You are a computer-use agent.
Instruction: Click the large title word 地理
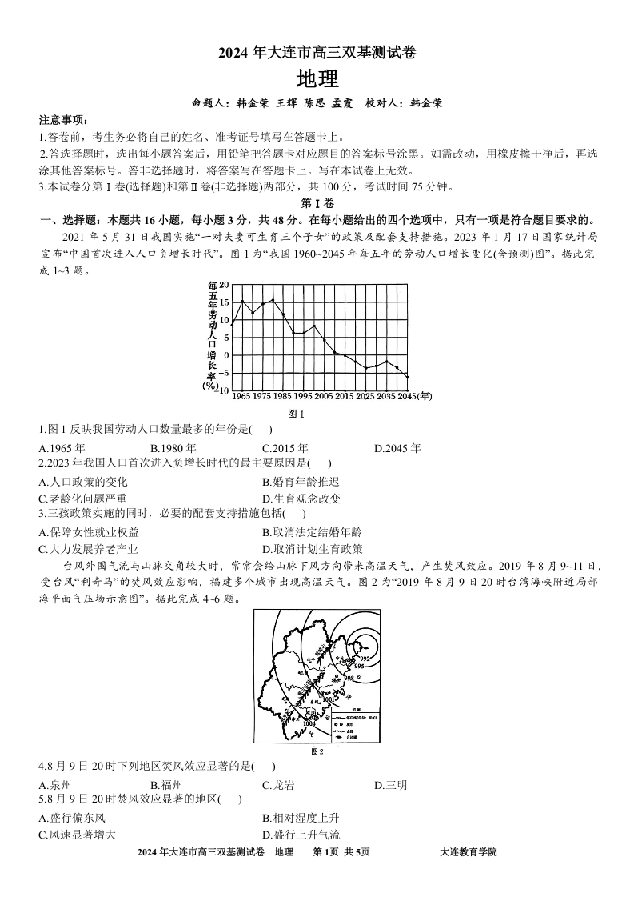pyautogui.click(x=317, y=79)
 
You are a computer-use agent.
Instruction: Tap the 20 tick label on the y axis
pyautogui.click(x=225, y=286)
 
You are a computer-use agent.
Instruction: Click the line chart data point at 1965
pyautogui.click(x=242, y=301)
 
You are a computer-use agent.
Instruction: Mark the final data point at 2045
pyautogui.click(x=407, y=377)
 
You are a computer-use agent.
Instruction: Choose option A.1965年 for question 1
pyautogui.click(x=62, y=448)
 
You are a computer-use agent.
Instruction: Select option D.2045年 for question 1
pyautogui.click(x=397, y=448)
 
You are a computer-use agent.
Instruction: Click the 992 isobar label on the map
pyautogui.click(x=364, y=658)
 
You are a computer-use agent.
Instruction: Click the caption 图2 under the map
pyautogui.click(x=317, y=751)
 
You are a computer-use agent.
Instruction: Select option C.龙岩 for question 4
pyautogui.click(x=278, y=785)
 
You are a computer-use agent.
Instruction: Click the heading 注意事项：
pyautogui.click(x=63, y=120)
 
